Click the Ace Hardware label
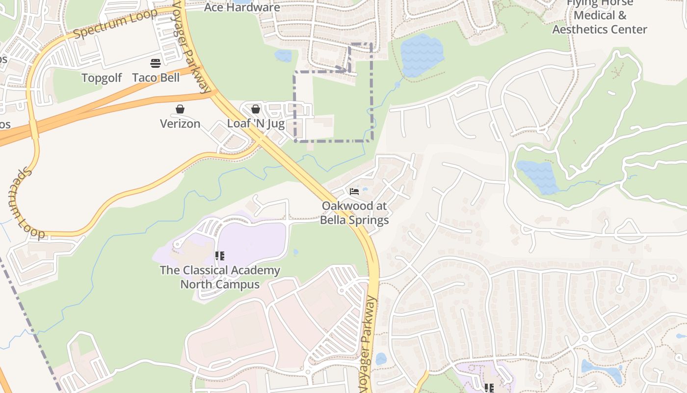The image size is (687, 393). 242,7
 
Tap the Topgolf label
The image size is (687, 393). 102,78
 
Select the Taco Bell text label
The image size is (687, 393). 156,78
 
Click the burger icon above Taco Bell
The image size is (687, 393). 156,63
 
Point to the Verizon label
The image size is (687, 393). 180,124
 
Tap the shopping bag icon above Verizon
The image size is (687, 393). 180,109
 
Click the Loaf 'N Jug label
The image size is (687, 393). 256,124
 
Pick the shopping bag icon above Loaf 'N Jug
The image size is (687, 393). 256,109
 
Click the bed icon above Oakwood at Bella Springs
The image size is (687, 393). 354,191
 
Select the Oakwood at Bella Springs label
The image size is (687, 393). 354,213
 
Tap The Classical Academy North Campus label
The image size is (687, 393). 220,277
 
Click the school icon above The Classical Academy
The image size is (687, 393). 220,256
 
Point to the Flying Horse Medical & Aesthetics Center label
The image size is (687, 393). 600,16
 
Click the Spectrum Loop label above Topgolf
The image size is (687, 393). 116,23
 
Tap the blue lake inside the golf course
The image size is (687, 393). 539,176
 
